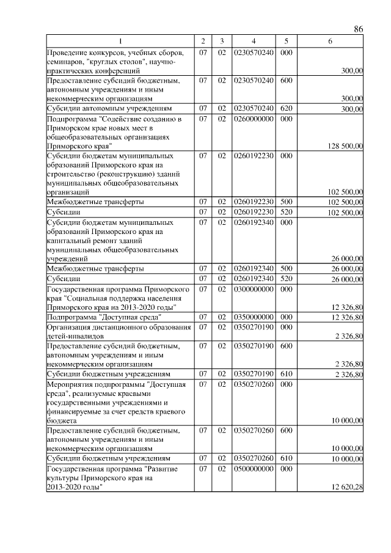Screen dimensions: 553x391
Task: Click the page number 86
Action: pyautogui.click(x=359, y=29)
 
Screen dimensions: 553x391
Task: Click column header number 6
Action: pyautogui.click(x=330, y=41)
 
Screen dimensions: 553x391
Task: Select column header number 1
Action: pyautogui.click(x=120, y=41)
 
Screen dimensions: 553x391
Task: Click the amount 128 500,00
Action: pyautogui.click(x=345, y=145)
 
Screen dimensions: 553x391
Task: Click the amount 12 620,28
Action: pyautogui.click(x=347, y=487)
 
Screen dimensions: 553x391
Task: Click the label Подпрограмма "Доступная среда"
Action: pyautogui.click(x=104, y=317)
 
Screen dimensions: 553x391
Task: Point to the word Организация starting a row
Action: pyautogui.click(x=70, y=327)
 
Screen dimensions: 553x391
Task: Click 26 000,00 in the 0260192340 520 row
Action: pyautogui.click(x=346, y=279)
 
